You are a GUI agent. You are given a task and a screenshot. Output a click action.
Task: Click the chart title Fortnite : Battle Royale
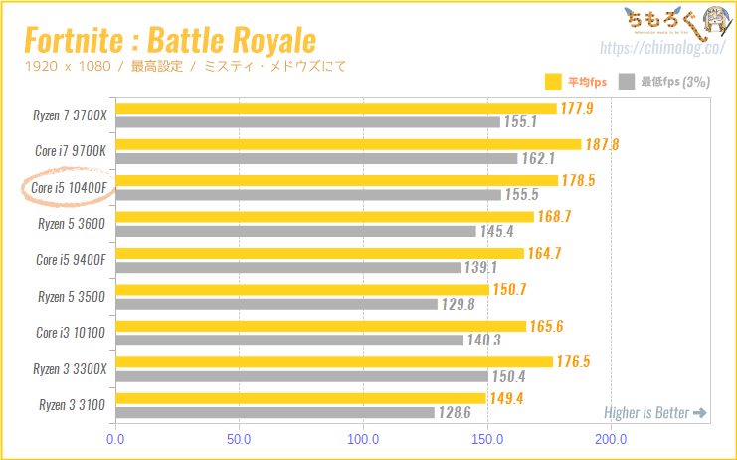click(169, 40)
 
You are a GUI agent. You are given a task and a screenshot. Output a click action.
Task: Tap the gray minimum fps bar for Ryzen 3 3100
click(276, 412)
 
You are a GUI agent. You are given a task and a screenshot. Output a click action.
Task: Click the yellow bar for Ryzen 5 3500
click(302, 290)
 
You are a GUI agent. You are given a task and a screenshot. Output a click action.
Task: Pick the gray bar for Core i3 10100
click(289, 340)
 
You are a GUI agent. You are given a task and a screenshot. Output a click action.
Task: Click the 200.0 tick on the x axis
click(610, 439)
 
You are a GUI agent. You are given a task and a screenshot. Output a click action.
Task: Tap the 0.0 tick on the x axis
click(116, 439)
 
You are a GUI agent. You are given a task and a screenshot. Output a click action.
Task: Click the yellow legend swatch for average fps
click(554, 82)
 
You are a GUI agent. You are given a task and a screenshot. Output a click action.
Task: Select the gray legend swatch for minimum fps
click(627, 82)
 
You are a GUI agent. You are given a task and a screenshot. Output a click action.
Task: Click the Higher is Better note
click(655, 413)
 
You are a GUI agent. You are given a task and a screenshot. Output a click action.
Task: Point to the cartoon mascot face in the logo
click(712, 22)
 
